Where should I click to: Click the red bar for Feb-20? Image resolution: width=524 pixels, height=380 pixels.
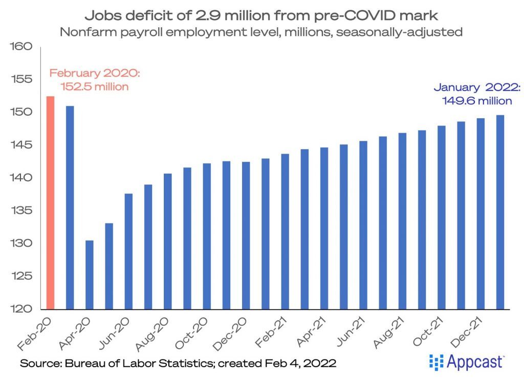click(x=50, y=203)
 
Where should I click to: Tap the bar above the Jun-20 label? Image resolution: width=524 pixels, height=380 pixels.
click(x=128, y=251)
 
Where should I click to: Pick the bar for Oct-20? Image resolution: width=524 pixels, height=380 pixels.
click(x=207, y=236)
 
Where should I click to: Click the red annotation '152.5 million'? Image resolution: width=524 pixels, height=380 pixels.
click(x=95, y=87)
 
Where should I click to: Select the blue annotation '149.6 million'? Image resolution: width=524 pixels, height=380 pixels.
click(x=477, y=100)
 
